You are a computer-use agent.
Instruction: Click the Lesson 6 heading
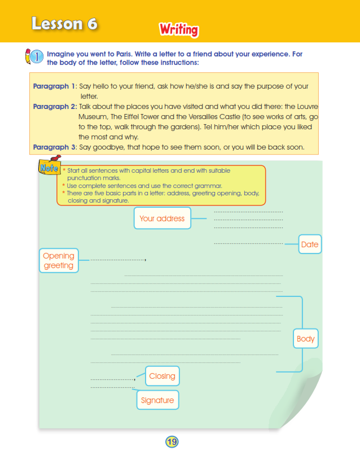coord(64,24)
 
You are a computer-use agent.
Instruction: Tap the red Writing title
coord(178,29)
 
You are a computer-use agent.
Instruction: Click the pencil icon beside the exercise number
coord(29,56)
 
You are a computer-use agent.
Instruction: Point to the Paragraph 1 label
coord(54,86)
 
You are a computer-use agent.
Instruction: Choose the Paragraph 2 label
coord(54,107)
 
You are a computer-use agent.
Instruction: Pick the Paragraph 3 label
coord(54,147)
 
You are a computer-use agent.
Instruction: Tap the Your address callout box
coord(162,218)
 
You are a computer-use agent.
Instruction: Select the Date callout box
coord(310,244)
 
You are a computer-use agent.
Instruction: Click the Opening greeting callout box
coord(59,261)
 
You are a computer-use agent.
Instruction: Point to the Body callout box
coord(305,339)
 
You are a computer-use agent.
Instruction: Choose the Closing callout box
coord(162,376)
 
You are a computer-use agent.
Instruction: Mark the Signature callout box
coord(157,400)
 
